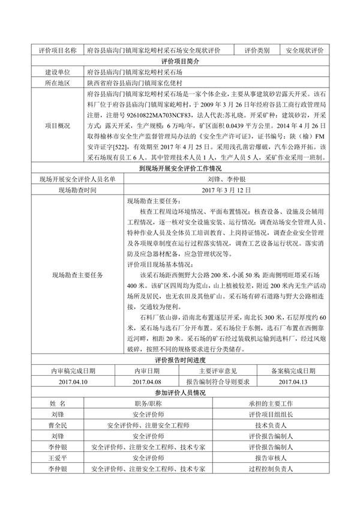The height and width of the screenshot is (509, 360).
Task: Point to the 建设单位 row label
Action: (57, 72)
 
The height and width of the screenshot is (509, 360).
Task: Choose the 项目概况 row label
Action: (57, 125)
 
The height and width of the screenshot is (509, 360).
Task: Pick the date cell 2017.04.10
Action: (74, 381)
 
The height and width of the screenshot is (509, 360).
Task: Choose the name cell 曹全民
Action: (58, 424)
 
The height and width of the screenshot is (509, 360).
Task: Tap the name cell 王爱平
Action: (58, 457)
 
